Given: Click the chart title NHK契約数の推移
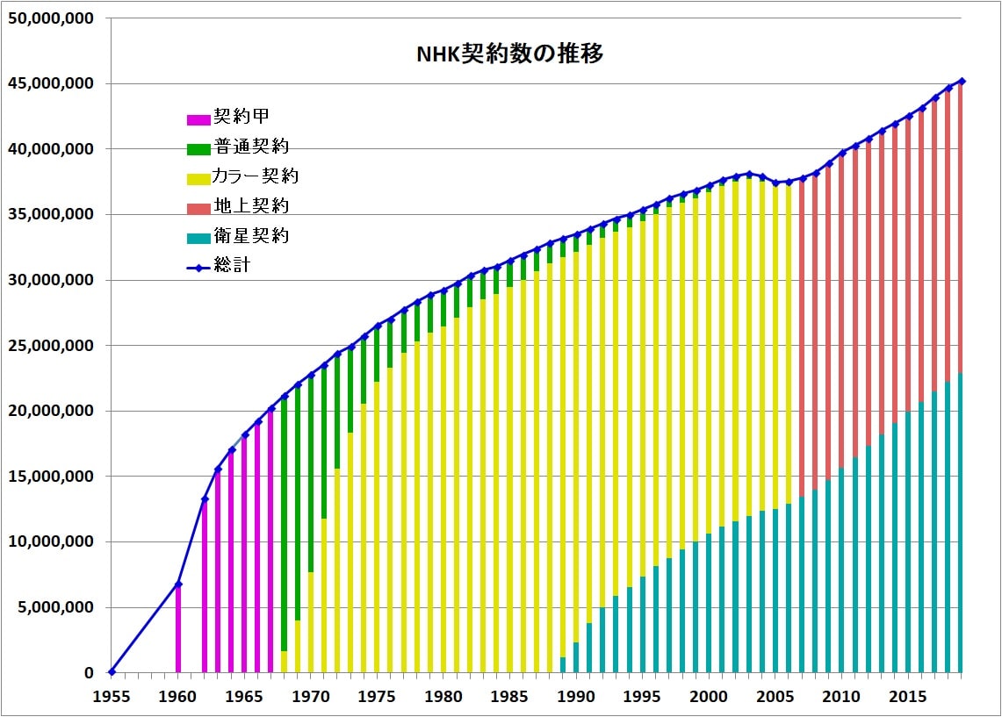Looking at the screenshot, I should click(x=509, y=54).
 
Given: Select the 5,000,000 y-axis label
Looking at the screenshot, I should click(x=58, y=607).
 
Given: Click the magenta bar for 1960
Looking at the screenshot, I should click(x=178, y=632).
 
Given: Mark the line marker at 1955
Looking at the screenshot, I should click(x=112, y=672).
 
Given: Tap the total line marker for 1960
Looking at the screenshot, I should click(x=178, y=584).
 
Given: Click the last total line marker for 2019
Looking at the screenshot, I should click(x=962, y=82).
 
